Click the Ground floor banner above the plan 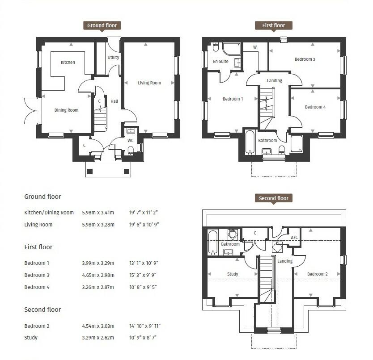point(102,25)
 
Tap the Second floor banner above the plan point(274,198)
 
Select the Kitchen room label point(68,62)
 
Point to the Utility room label point(113,57)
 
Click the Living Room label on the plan point(149,83)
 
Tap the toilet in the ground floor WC point(131,151)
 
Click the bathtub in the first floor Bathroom point(250,142)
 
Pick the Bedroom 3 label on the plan point(305,59)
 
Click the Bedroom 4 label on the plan point(315,107)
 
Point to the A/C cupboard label point(294,237)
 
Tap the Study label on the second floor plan point(233,274)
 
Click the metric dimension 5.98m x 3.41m point(98,213)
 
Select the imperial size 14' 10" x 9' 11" point(145,326)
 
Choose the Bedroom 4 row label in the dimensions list point(37,287)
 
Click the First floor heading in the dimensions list point(38,247)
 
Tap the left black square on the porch point(89,172)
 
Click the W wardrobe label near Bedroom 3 point(255,47)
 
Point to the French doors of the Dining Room point(31,111)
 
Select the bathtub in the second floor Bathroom point(213,243)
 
